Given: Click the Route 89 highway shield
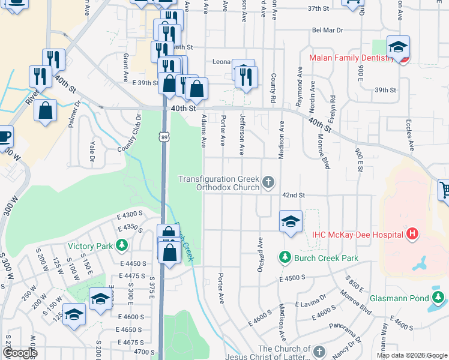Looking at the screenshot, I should [164, 137].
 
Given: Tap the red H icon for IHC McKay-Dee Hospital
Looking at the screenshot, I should [412, 234].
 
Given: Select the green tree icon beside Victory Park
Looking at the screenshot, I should [122, 245].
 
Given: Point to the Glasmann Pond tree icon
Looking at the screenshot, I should [439, 298].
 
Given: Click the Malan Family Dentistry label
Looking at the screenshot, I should [351, 58].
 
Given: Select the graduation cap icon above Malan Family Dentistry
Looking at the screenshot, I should [397, 46].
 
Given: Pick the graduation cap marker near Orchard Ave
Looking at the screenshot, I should [290, 221].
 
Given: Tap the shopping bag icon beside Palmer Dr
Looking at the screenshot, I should [46, 110].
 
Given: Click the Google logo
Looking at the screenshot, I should [19, 353].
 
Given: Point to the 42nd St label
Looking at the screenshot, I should [294, 196].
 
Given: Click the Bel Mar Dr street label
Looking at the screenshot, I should [327, 30].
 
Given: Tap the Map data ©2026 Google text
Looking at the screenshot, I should [411, 355].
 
